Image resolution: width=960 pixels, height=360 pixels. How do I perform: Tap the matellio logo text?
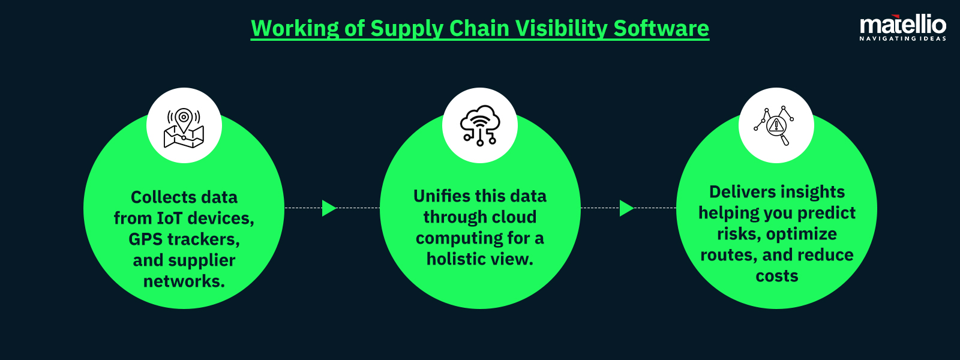(902, 25)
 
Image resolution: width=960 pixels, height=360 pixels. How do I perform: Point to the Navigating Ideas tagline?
(902, 38)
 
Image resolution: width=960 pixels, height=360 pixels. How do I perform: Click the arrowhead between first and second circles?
(329, 208)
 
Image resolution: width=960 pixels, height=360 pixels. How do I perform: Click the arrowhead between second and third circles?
(626, 208)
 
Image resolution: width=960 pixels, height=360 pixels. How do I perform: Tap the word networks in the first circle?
(184, 281)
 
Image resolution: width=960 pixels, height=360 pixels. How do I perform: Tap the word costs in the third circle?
(776, 276)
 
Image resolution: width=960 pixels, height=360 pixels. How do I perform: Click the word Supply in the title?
(407, 28)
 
